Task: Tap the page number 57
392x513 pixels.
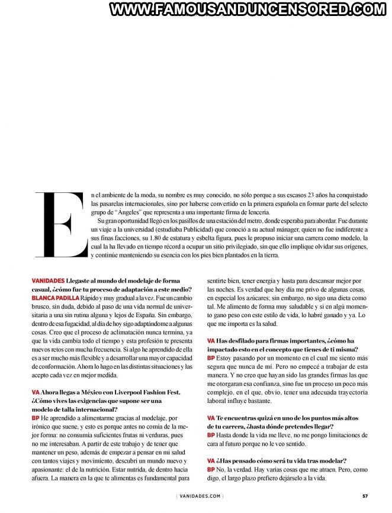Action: [366, 496]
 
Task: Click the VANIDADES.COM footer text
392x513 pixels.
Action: [199, 496]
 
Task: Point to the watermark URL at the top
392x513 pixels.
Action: [248, 9]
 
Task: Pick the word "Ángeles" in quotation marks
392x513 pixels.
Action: [136, 212]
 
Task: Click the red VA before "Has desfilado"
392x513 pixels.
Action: [211, 341]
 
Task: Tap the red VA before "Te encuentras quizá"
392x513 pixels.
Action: [211, 418]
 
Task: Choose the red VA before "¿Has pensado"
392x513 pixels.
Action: [211, 460]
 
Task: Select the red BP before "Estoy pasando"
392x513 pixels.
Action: [211, 358]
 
